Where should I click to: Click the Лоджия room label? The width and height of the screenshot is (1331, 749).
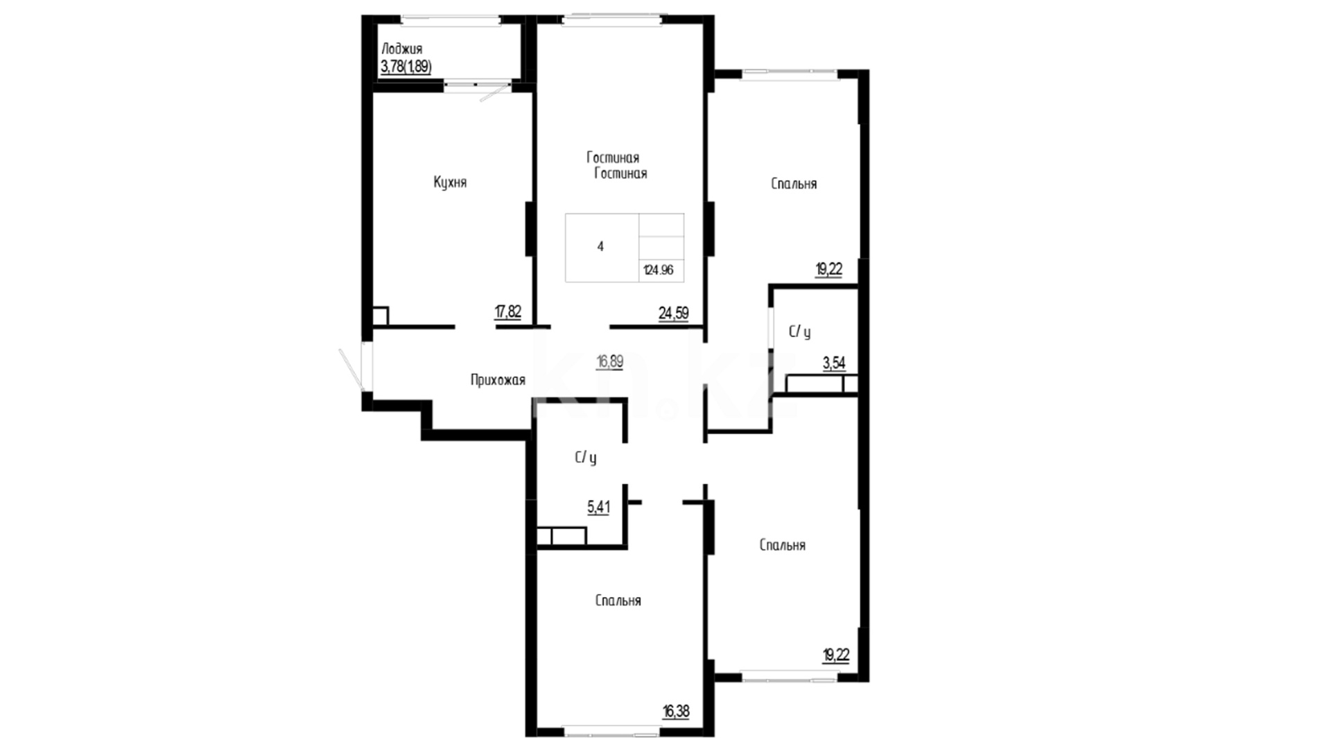(401, 49)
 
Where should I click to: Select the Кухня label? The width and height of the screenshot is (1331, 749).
(450, 182)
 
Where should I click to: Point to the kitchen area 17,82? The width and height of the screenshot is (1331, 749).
(507, 312)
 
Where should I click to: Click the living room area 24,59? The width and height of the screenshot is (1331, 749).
(673, 313)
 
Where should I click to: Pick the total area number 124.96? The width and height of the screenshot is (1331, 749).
(658, 270)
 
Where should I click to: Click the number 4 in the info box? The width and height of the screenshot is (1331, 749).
(600, 246)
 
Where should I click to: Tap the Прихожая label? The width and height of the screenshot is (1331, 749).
(498, 380)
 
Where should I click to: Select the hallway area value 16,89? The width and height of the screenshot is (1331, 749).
(610, 361)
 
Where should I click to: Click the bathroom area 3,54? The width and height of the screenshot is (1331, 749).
(834, 363)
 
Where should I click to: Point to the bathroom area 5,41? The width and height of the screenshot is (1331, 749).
(599, 508)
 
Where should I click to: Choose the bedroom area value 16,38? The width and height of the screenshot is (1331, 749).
(676, 711)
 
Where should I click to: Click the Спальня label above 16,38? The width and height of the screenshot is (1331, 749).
(618, 601)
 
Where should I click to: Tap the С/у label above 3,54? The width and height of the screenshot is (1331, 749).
(799, 332)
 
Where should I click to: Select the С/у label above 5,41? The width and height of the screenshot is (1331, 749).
(585, 458)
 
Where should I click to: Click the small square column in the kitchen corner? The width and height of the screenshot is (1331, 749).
(380, 316)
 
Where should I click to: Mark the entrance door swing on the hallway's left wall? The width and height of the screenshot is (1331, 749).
(352, 369)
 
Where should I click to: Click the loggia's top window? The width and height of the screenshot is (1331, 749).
(451, 20)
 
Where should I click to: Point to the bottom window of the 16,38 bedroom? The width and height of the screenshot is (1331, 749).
(611, 730)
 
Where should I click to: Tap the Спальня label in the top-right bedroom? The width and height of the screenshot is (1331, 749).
(794, 184)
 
